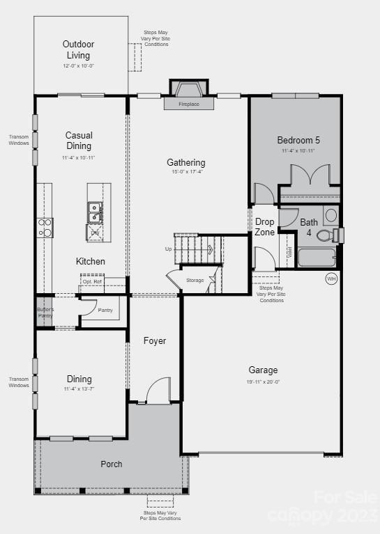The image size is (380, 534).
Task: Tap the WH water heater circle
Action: click(x=331, y=278)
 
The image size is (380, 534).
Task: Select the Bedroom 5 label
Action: click(x=298, y=140)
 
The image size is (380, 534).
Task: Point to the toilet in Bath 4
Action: click(x=326, y=235)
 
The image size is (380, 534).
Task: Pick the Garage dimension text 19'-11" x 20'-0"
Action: click(x=264, y=382)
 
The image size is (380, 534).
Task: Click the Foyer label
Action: click(x=155, y=340)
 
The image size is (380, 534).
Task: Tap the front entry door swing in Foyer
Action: click(x=159, y=389)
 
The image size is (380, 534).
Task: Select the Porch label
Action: click(x=112, y=464)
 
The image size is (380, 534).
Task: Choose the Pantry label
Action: click(x=105, y=310)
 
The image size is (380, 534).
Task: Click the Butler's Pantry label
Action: click(x=45, y=312)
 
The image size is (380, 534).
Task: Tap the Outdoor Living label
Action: click(x=79, y=49)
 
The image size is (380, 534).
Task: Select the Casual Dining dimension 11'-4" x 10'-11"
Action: click(x=79, y=159)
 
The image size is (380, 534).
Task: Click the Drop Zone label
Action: click(x=264, y=227)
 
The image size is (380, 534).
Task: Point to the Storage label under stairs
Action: click(x=195, y=281)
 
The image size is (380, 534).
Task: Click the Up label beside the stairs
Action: click(x=168, y=249)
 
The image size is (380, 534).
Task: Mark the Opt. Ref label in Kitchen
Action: click(x=92, y=281)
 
